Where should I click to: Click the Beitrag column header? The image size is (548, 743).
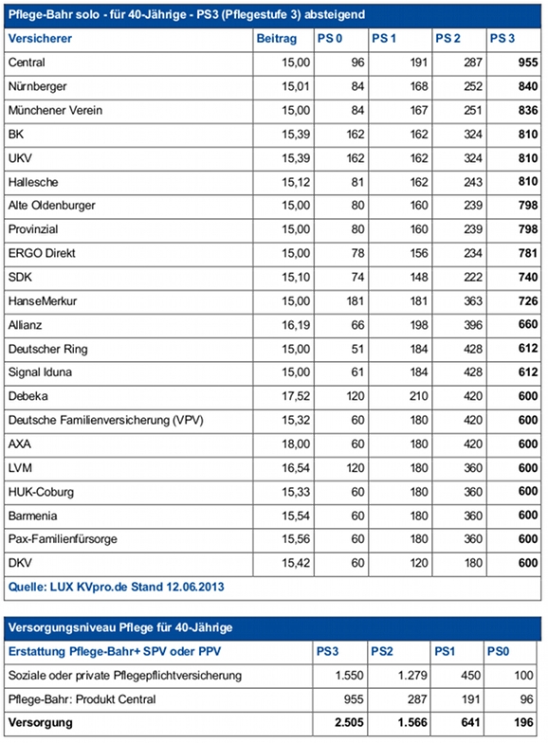coord(277,39)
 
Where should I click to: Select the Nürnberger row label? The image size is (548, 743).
coord(38,87)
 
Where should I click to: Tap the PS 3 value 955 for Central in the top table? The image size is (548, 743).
coord(527,63)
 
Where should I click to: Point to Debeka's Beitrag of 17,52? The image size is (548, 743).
coord(296,396)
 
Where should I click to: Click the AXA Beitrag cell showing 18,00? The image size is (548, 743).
coord(296,444)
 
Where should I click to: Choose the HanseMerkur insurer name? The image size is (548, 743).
coord(42,301)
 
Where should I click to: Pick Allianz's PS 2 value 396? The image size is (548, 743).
coord(472,325)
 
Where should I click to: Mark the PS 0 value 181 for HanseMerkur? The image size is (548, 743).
coord(355,301)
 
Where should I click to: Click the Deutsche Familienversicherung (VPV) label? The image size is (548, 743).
coord(106,421)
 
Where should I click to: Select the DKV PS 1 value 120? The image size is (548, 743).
coord(419,563)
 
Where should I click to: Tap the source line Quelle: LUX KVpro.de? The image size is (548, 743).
coord(116,588)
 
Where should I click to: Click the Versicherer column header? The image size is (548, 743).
coord(40,39)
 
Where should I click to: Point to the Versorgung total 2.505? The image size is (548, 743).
coord(349,722)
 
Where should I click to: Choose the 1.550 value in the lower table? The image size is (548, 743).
coord(349,675)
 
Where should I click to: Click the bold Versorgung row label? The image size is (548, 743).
coord(40,723)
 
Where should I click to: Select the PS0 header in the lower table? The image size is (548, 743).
coord(499,652)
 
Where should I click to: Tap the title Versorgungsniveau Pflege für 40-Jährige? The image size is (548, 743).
coord(120,627)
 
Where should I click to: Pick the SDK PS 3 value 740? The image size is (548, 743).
coord(527,277)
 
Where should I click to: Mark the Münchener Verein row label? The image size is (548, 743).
coord(55,110)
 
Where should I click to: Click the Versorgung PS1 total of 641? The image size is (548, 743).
coord(470,722)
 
